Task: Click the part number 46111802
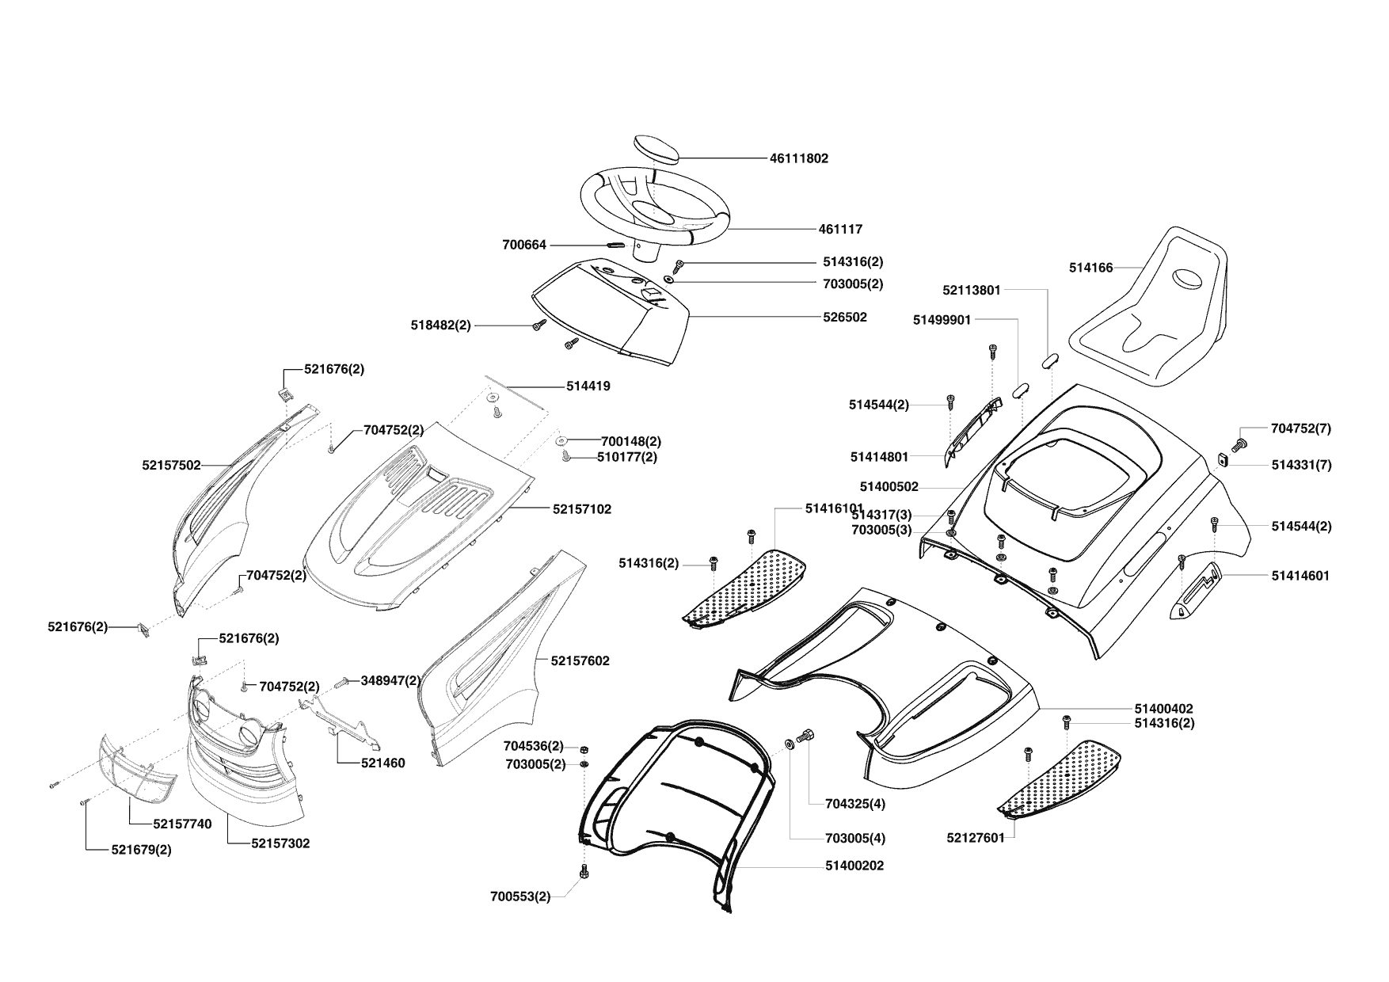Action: point(798,158)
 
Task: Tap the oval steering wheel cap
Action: point(657,148)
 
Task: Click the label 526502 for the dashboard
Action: point(845,317)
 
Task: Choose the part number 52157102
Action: point(581,509)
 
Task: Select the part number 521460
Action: point(382,763)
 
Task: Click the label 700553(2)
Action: point(520,896)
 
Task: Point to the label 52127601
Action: point(975,837)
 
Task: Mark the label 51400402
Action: point(1163,709)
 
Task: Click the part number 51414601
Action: point(1300,576)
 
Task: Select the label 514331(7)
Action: point(1301,465)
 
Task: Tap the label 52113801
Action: point(972,290)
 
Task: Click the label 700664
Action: point(524,246)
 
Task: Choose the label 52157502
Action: point(171,466)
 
